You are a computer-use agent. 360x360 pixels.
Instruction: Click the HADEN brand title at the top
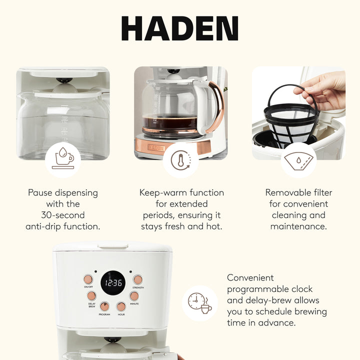(179, 28)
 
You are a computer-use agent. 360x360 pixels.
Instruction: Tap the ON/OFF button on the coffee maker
(88, 279)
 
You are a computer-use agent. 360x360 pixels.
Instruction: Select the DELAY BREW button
(92, 295)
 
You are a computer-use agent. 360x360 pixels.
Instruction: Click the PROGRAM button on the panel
(104, 306)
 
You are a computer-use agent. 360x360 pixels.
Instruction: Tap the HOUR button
(121, 306)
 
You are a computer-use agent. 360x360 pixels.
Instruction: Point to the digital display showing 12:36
(113, 283)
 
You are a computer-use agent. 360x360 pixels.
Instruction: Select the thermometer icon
(180, 160)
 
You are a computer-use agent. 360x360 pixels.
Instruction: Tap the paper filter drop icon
(298, 160)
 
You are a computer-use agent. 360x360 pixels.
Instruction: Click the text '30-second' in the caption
(63, 215)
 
